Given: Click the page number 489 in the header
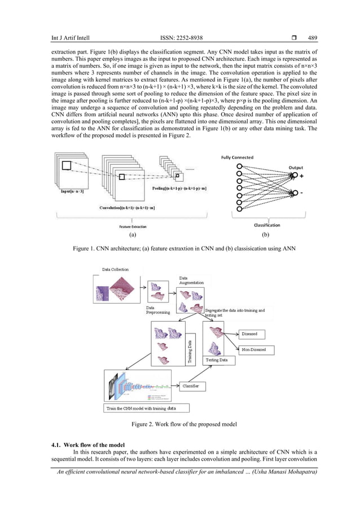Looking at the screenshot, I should click(312, 38).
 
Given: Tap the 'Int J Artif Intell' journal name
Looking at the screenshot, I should click(71, 38).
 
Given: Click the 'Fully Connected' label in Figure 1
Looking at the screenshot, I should click(237, 157).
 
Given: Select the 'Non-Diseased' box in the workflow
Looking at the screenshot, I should click(254, 350).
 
